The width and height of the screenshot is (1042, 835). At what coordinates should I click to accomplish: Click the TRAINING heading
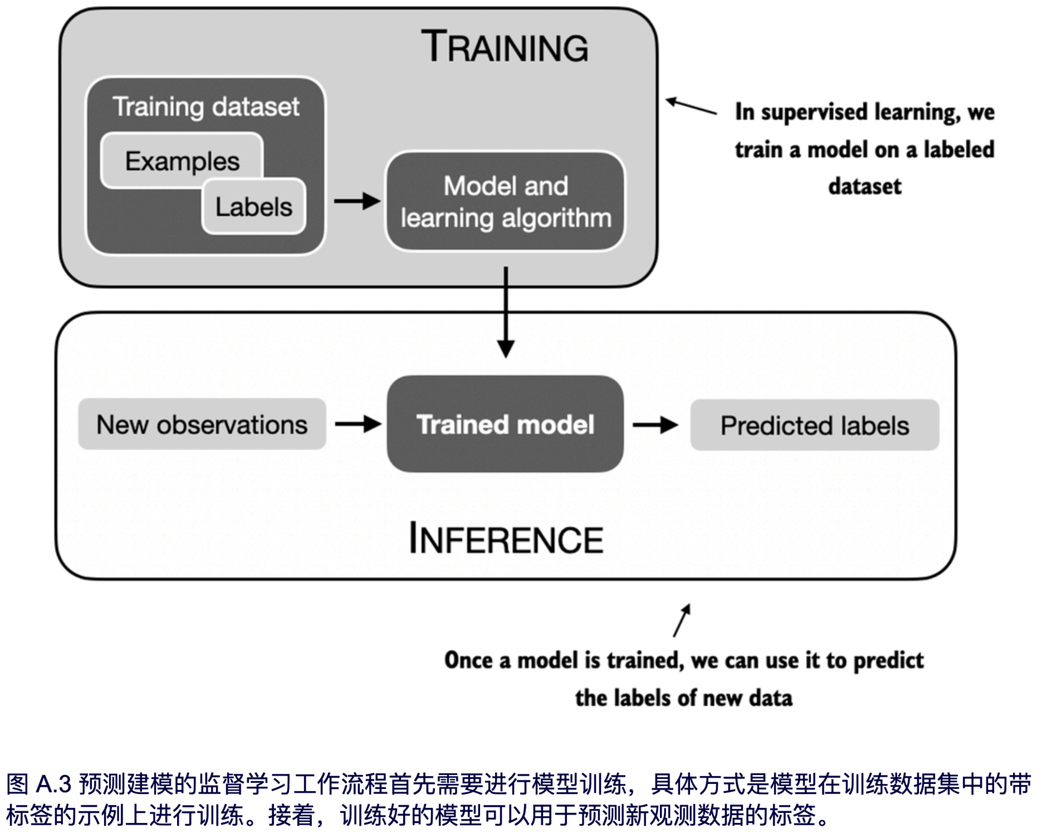[505, 47]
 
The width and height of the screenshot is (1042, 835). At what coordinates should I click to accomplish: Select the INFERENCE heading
[506, 539]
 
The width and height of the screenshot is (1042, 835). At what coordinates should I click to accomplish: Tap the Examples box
[182, 161]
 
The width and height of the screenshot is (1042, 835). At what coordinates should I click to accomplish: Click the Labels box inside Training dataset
[254, 206]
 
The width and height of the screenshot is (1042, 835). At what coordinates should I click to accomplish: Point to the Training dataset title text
[206, 106]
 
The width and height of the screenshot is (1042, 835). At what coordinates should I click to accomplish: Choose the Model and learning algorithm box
[505, 201]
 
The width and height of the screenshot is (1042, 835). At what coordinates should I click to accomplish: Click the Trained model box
[505, 424]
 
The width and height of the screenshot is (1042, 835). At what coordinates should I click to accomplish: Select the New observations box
[202, 424]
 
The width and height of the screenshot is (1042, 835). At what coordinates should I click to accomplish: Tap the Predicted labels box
[814, 425]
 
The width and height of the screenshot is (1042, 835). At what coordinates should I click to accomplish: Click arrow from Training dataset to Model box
[357, 201]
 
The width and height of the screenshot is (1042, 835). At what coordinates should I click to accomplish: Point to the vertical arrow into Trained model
[505, 312]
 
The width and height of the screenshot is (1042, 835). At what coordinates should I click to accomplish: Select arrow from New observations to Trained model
[358, 424]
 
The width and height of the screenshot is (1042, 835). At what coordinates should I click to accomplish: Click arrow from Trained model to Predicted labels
[655, 425]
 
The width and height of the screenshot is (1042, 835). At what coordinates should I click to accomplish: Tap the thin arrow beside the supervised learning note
[691, 106]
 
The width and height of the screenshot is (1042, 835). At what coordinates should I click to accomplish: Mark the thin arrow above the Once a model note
[682, 620]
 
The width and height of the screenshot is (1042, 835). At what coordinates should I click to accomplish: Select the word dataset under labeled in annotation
[865, 186]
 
